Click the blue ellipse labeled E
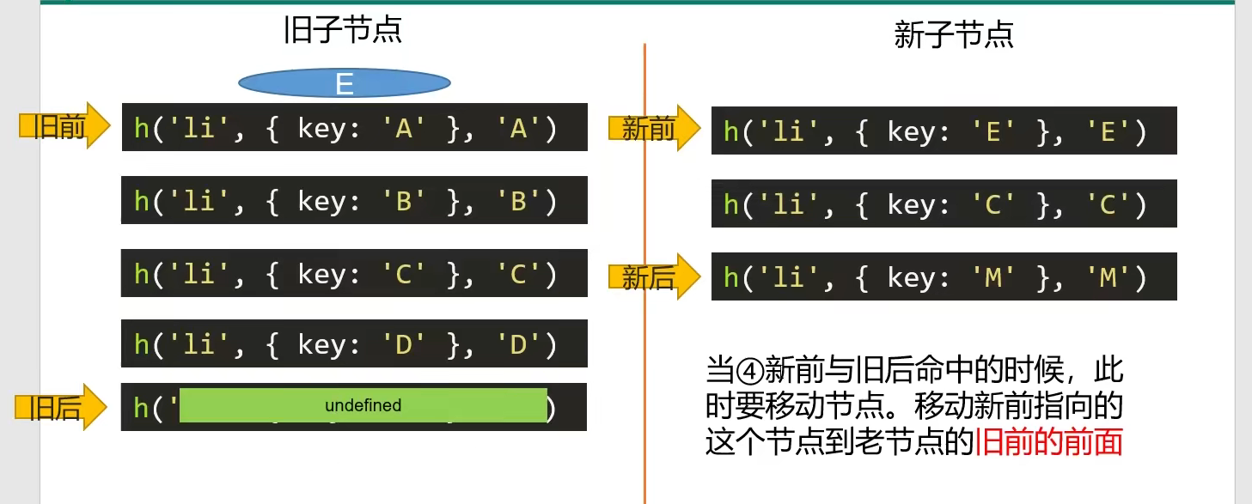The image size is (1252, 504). pos(344,83)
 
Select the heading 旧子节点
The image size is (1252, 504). pos(343,31)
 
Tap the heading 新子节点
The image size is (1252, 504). pos(954,34)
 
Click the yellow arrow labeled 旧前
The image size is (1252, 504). pos(64,127)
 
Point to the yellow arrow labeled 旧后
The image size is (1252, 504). pos(61,407)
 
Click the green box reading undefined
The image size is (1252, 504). pos(363,405)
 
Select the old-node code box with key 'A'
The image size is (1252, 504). pos(354,127)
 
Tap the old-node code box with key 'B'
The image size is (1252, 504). pos(354,200)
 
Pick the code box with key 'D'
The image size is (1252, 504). pos(354,343)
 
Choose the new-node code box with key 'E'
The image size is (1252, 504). pos(944,131)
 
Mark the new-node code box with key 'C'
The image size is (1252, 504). pos(944,203)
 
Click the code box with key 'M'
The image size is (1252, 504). pos(944,276)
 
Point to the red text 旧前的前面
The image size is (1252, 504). pos(1049,442)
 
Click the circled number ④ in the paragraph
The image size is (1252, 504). pos(748,371)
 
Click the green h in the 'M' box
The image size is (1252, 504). pos(731,276)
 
